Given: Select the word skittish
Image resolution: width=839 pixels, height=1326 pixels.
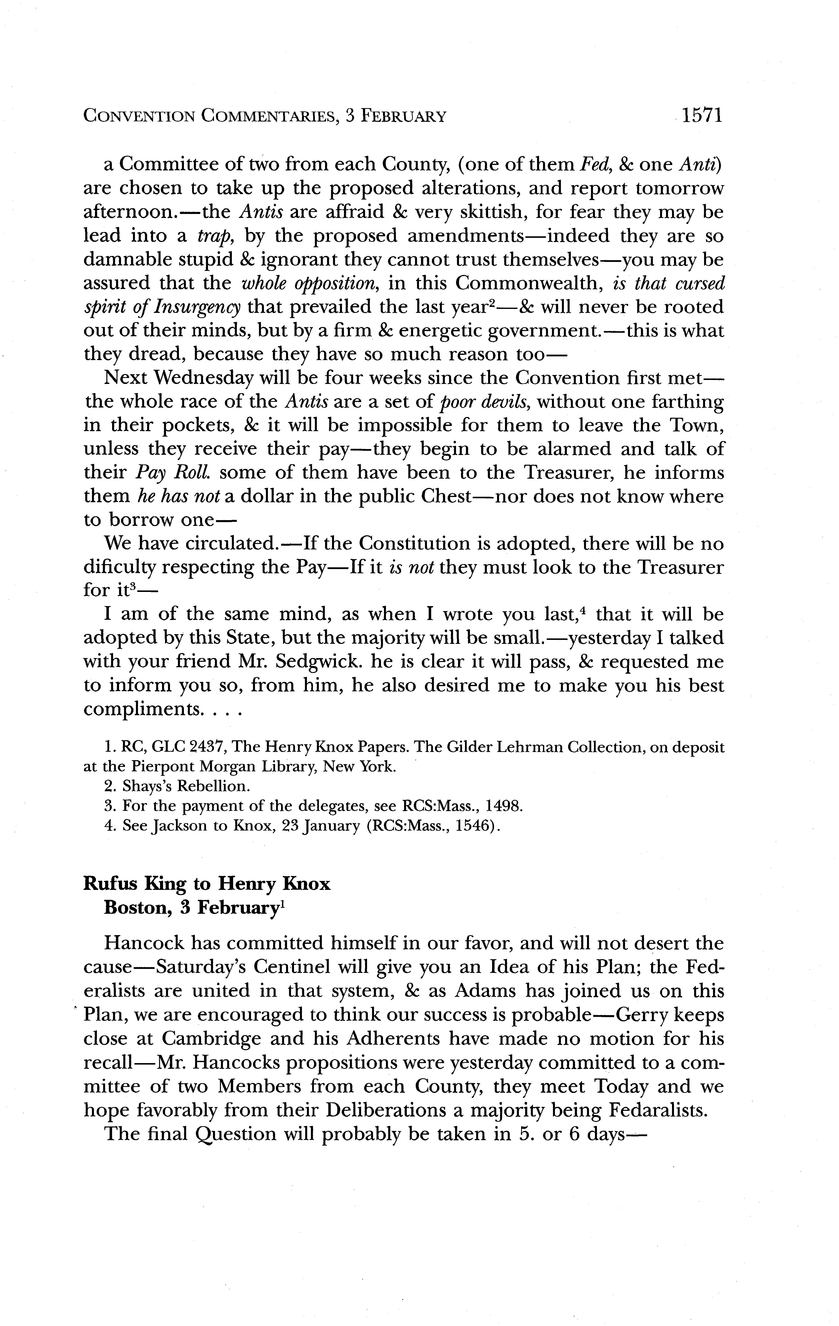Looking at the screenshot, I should pyautogui.click(x=492, y=212).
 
